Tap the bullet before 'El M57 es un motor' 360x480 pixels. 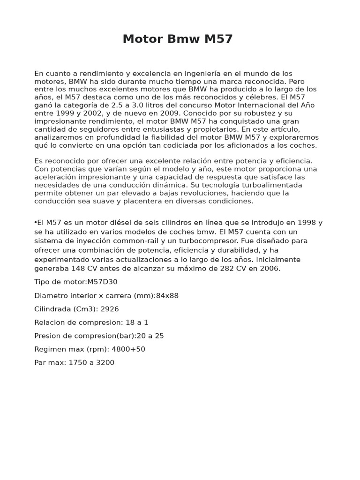tap(36, 223)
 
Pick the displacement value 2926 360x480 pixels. tap(109, 309)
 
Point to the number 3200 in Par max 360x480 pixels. tap(105, 363)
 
